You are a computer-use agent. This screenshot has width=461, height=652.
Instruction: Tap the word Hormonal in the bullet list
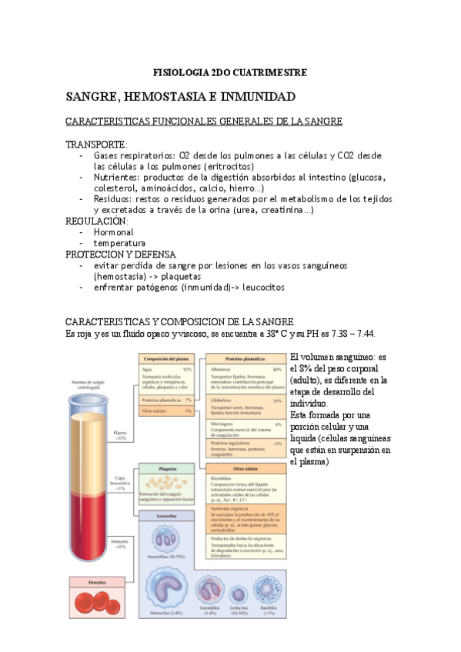[x=113, y=231]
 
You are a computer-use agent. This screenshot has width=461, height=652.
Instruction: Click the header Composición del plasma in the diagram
[x=166, y=359]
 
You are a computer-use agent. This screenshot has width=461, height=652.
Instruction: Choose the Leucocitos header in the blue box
[x=165, y=515]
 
